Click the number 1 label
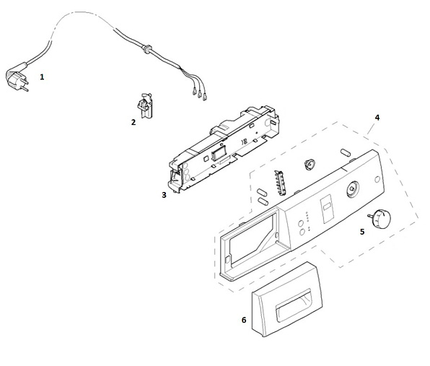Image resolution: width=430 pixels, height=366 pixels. (42, 77)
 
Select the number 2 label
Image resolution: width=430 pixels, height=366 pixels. (133, 122)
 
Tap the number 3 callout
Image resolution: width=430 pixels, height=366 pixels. (164, 195)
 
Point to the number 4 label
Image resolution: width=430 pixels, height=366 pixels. (377, 118)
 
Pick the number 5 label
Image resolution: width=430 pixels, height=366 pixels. (362, 232)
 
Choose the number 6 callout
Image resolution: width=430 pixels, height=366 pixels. (244, 320)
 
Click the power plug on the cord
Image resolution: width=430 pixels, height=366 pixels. (17, 79)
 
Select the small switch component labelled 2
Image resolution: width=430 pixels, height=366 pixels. (145, 105)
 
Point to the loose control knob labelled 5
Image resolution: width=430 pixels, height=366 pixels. (380, 218)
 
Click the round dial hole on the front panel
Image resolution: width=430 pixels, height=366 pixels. (352, 188)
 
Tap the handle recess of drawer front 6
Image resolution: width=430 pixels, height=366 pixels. (294, 305)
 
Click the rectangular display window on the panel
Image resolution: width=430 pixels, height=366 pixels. (327, 209)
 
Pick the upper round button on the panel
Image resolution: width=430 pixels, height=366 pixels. (301, 223)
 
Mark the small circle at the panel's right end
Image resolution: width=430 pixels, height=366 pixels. (377, 180)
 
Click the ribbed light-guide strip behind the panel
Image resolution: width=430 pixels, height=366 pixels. (280, 183)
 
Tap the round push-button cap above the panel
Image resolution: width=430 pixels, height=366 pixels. (310, 164)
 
